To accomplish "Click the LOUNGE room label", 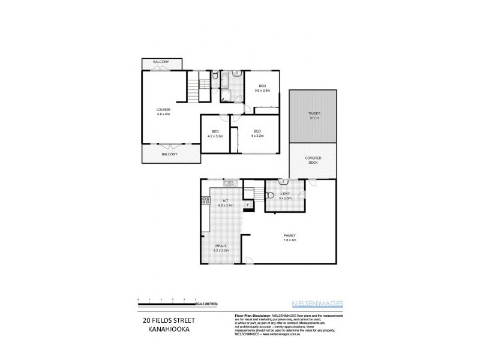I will point(164,109).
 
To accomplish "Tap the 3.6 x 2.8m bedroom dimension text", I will point(263,91).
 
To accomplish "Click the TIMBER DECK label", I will point(314,115).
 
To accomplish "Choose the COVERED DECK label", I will point(314,160).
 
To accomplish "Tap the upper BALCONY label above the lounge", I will point(160,62).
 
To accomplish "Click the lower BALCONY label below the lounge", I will point(169,154).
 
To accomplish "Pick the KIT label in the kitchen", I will point(226,200).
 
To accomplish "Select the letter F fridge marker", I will point(248,205).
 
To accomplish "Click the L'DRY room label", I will point(286,194).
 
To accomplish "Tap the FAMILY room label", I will point(290,235).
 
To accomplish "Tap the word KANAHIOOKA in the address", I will point(160,329).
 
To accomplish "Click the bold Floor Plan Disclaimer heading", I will point(250,314).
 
